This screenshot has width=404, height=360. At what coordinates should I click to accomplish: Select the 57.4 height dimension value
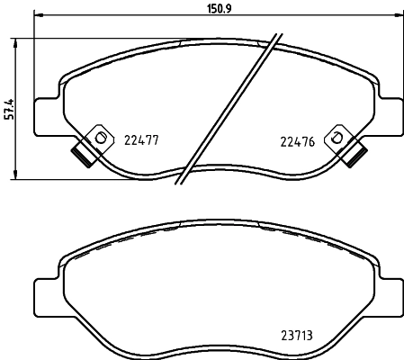click(x=10, y=107)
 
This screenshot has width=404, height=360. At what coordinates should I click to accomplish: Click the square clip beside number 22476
click(x=337, y=137)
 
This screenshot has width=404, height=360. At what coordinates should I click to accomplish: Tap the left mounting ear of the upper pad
click(x=43, y=112)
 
